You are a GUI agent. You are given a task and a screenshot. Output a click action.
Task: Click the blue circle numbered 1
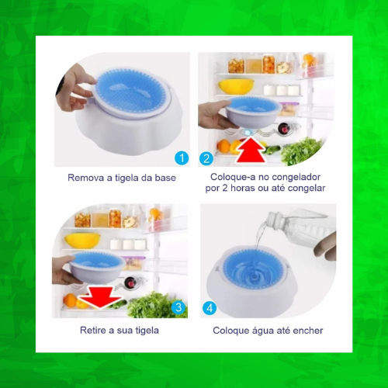[182, 158]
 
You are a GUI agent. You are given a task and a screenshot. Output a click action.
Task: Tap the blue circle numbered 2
[206, 158]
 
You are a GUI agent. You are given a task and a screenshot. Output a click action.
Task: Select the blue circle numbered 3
[178, 307]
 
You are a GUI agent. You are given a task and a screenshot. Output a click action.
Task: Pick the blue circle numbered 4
[210, 308]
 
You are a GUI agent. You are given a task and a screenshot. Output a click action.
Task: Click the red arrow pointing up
[251, 150]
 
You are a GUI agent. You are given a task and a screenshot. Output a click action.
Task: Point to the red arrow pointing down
[99, 297]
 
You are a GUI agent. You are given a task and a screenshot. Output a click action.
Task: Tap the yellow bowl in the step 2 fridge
[236, 87]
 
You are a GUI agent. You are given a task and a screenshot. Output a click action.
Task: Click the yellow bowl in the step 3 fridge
[82, 241]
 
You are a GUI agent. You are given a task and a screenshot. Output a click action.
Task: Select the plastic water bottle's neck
[275, 220]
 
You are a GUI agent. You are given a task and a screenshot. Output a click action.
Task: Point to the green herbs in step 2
[301, 151]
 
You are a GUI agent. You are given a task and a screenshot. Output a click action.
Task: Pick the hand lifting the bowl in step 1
[74, 88]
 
